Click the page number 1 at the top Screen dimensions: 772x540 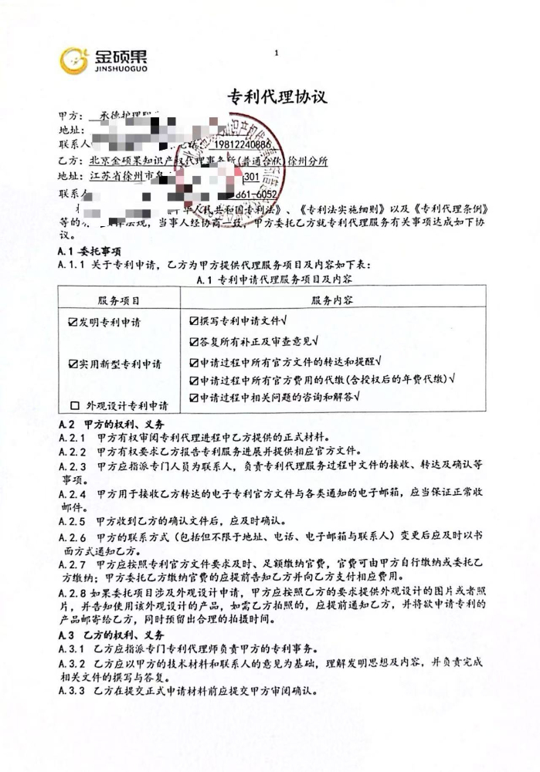pos(275,53)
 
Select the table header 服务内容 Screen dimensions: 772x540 pos(333,299)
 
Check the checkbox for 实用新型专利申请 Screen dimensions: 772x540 pos(73,362)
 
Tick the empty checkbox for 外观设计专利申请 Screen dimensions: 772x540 pos(75,405)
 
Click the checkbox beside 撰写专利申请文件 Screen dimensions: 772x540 pos(194,319)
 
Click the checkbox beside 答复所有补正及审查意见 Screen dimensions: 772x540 pos(194,340)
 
